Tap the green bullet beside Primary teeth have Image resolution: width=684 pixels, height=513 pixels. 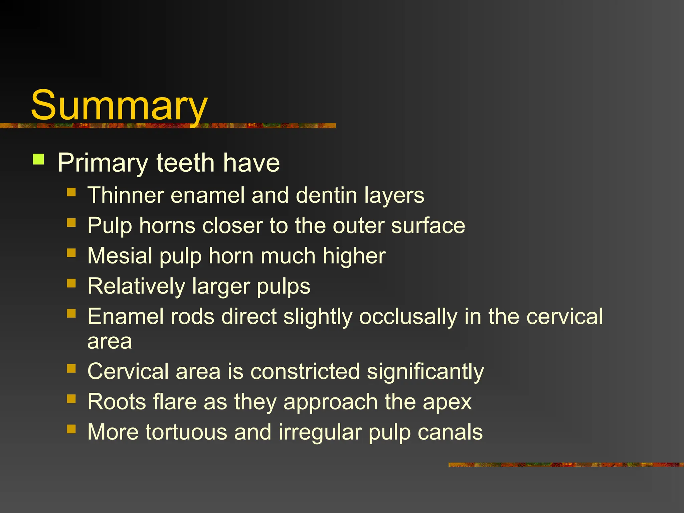tap(39, 159)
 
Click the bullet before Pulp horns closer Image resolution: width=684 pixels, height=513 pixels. tap(71, 222)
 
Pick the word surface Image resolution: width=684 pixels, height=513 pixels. tap(428, 225)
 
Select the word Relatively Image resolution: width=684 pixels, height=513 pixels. tap(136, 286)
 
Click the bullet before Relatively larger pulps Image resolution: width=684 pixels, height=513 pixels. tap(71, 283)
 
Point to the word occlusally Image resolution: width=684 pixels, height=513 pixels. tap(408, 317)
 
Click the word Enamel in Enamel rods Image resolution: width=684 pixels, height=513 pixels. tap(126, 316)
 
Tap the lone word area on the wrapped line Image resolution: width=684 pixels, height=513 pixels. tap(110, 341)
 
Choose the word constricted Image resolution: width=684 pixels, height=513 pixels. tap(305, 371)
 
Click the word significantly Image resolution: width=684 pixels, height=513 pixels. tap(425, 372)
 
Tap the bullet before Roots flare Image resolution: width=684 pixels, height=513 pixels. tap(71, 399)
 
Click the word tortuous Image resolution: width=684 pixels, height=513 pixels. tap(186, 432)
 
